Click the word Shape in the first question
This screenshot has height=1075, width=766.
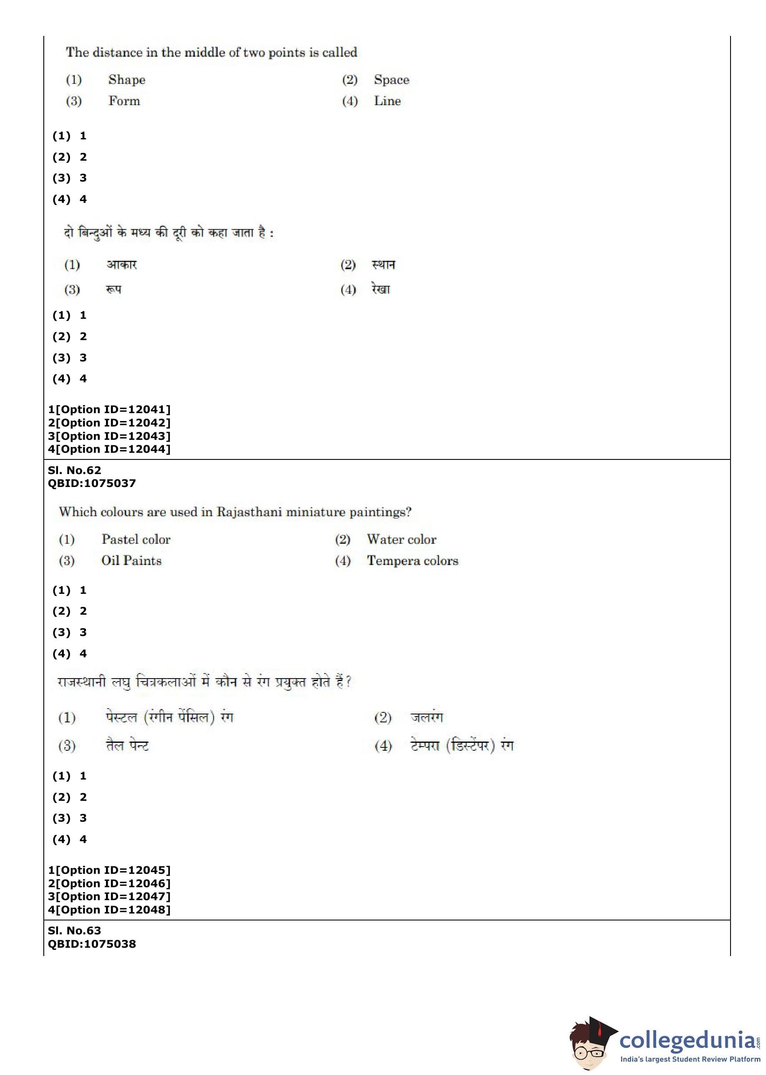pos(126,79)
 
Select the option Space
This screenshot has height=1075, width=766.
pos(391,79)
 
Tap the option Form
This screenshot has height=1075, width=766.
pos(124,101)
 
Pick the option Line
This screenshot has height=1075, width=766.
pos(387,101)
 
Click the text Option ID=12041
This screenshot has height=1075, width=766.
pos(113,409)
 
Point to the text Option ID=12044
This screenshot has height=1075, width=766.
pos(113,449)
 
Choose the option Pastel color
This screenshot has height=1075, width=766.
pos(136,539)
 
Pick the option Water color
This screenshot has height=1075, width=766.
pos(401,539)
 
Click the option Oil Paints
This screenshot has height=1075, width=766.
pos(131,560)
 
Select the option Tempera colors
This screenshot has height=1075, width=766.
pos(412,560)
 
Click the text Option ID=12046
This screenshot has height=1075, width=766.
pos(113,883)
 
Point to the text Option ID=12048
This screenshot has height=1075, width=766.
pos(113,909)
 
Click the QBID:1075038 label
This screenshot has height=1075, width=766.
pos(91,944)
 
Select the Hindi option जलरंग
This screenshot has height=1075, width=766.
pos(426,717)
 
